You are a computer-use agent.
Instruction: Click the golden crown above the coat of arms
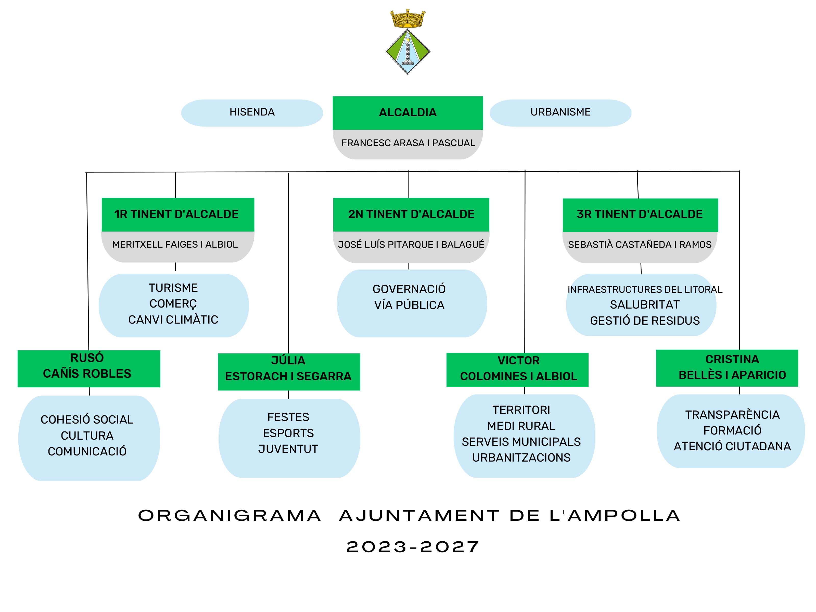[x=408, y=19]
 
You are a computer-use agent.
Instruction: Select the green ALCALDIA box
[x=408, y=112]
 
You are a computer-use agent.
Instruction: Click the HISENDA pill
[x=252, y=112]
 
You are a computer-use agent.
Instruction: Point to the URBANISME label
[x=560, y=112]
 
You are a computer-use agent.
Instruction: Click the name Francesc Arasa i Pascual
[x=408, y=143]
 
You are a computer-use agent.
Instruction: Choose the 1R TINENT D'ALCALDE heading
[x=176, y=214]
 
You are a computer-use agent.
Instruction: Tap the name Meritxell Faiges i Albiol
[x=175, y=244]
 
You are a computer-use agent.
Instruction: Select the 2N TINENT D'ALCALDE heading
[x=411, y=214]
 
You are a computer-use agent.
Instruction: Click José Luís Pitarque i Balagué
[x=411, y=245]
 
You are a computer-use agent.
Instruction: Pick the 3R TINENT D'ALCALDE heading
[x=639, y=214]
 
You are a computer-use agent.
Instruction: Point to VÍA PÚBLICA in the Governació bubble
[x=409, y=305]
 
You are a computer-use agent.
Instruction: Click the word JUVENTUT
[x=288, y=449]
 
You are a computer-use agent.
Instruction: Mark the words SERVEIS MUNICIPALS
[x=521, y=442]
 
